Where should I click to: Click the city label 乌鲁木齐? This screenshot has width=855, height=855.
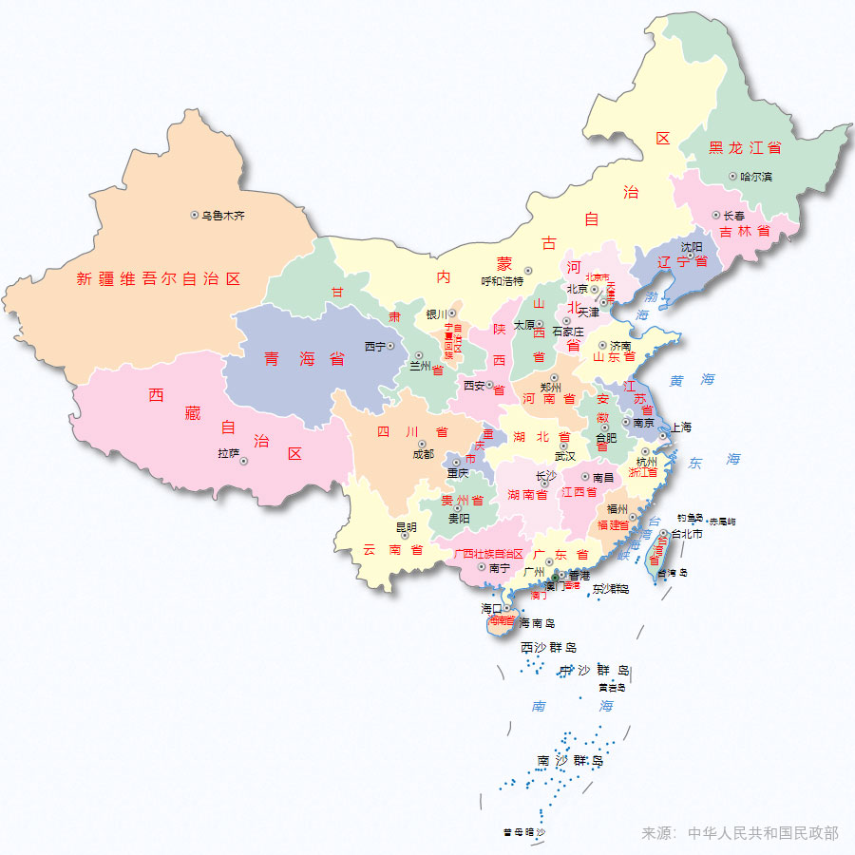223,216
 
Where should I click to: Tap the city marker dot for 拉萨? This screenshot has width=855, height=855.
243,461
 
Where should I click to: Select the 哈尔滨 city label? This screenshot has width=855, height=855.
756,177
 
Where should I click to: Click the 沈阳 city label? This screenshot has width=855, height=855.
692,247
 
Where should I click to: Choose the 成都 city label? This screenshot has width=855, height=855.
423,454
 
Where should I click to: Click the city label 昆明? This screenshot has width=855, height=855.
406,526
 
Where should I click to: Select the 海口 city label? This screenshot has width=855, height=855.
491,608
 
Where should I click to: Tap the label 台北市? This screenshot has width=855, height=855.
687,534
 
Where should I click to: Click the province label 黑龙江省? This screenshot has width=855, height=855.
746,148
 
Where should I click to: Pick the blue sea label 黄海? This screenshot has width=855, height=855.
692,379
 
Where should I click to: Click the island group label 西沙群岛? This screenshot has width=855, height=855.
548,647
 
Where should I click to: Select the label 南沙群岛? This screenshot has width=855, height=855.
570,761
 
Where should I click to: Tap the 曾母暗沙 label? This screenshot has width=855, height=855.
524,832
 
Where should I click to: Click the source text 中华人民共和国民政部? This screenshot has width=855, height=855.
763,833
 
